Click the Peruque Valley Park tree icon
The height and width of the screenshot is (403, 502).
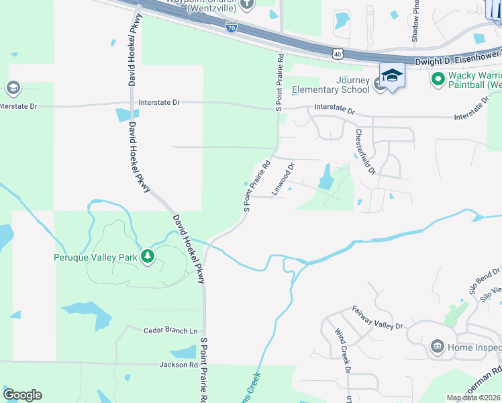pyautogui.click(x=147, y=256)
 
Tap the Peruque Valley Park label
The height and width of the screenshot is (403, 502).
pyautogui.click(x=95, y=257)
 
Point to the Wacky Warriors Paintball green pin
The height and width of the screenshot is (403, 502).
pyautogui.click(x=438, y=79)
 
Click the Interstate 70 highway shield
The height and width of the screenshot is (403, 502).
pyautogui.click(x=231, y=28)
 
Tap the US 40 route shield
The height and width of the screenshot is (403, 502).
pyautogui.click(x=337, y=52)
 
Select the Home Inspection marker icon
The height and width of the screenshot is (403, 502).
pyautogui.click(x=437, y=346)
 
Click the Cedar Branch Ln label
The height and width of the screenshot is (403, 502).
pyautogui.click(x=171, y=330)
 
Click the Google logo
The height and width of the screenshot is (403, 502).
pyautogui.click(x=22, y=395)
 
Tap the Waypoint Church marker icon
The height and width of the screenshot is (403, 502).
pyautogui.click(x=247, y=4)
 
